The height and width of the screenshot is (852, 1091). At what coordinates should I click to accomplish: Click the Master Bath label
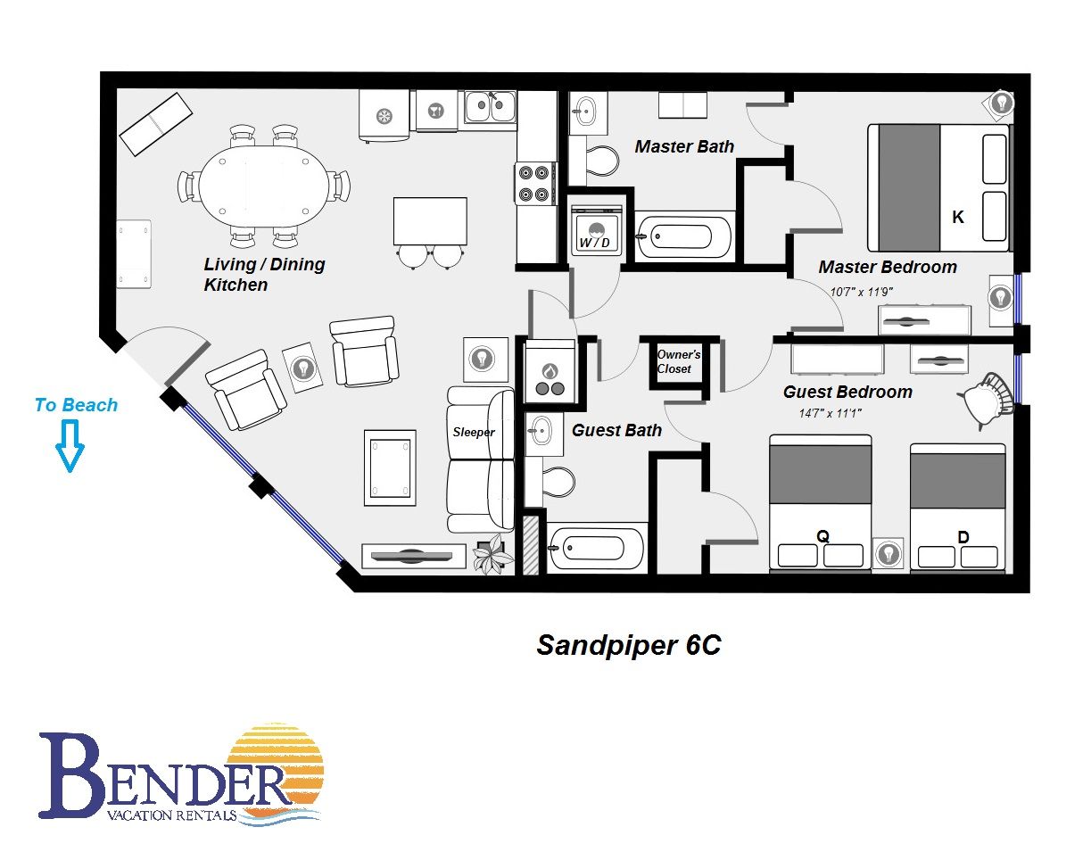[x=684, y=146]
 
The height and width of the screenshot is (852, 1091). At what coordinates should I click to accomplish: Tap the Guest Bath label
[x=616, y=430]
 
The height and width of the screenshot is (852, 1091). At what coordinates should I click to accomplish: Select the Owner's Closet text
[x=678, y=361]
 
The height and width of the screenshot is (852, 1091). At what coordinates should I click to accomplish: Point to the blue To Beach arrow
[x=70, y=446]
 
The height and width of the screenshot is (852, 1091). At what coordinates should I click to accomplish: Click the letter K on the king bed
[x=957, y=217]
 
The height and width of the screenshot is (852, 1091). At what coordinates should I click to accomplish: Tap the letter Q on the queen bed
[x=822, y=536]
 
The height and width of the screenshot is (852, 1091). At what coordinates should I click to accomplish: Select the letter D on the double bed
[x=963, y=537]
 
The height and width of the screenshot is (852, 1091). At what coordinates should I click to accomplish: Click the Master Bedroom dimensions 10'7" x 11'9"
[x=861, y=292]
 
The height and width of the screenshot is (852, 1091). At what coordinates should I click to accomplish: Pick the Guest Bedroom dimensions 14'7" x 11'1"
[x=831, y=413]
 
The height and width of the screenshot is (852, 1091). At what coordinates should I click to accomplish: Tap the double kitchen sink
[x=490, y=106]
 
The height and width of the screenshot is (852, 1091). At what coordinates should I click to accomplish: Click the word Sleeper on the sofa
[x=474, y=432]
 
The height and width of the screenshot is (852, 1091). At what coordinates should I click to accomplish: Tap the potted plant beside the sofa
[x=492, y=554]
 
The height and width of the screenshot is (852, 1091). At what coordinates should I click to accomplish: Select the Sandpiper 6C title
[x=629, y=645]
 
